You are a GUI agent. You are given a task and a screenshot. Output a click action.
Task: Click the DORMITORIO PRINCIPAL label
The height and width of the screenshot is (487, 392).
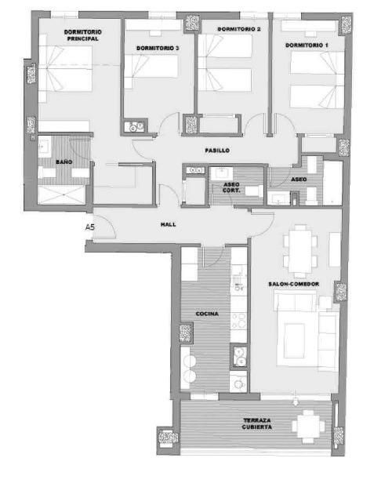point(82,35)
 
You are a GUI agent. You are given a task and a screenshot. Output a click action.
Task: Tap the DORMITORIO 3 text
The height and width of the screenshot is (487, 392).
point(158,48)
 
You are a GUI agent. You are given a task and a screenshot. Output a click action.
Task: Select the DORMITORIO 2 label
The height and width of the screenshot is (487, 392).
point(239,29)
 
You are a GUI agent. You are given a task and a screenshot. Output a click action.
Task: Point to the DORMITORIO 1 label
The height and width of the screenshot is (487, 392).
point(307,45)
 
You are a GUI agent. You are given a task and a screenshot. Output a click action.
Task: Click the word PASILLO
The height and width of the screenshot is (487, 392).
point(217,151)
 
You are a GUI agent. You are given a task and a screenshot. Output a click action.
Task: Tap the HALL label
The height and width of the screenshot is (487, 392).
point(168,224)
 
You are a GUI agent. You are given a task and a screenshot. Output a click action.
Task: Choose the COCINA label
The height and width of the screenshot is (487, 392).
point(207,314)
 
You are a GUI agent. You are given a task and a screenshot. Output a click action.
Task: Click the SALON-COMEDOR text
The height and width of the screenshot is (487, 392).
point(293,284)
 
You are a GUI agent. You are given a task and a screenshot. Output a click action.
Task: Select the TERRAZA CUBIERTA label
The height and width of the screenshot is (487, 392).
point(257,423)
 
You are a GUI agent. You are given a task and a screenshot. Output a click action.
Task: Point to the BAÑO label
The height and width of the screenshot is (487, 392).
point(64,162)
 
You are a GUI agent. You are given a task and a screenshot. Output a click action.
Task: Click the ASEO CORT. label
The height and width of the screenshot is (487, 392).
point(231,187)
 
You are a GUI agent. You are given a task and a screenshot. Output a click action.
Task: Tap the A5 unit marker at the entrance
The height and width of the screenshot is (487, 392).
point(90,227)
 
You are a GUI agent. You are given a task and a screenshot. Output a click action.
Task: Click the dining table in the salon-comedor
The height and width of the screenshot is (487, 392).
point(299,251)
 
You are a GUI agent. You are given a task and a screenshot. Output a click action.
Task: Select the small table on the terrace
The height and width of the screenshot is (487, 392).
point(308,426)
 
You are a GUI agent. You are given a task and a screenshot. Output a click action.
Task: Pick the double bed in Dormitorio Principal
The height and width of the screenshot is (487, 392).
point(65,68)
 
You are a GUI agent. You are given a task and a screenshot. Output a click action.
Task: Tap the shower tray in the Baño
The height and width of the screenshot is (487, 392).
point(61,194)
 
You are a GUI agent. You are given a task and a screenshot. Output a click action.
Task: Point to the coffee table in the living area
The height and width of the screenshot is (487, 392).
point(294,340)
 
